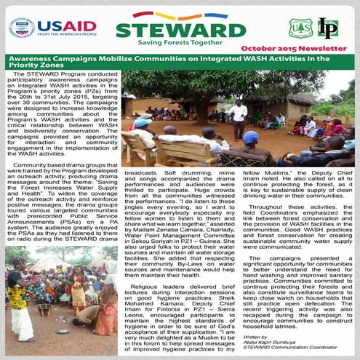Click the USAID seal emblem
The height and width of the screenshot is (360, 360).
(21, 28)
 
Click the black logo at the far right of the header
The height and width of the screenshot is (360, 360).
(328, 28)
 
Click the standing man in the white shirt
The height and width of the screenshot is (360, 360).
(238, 116)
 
